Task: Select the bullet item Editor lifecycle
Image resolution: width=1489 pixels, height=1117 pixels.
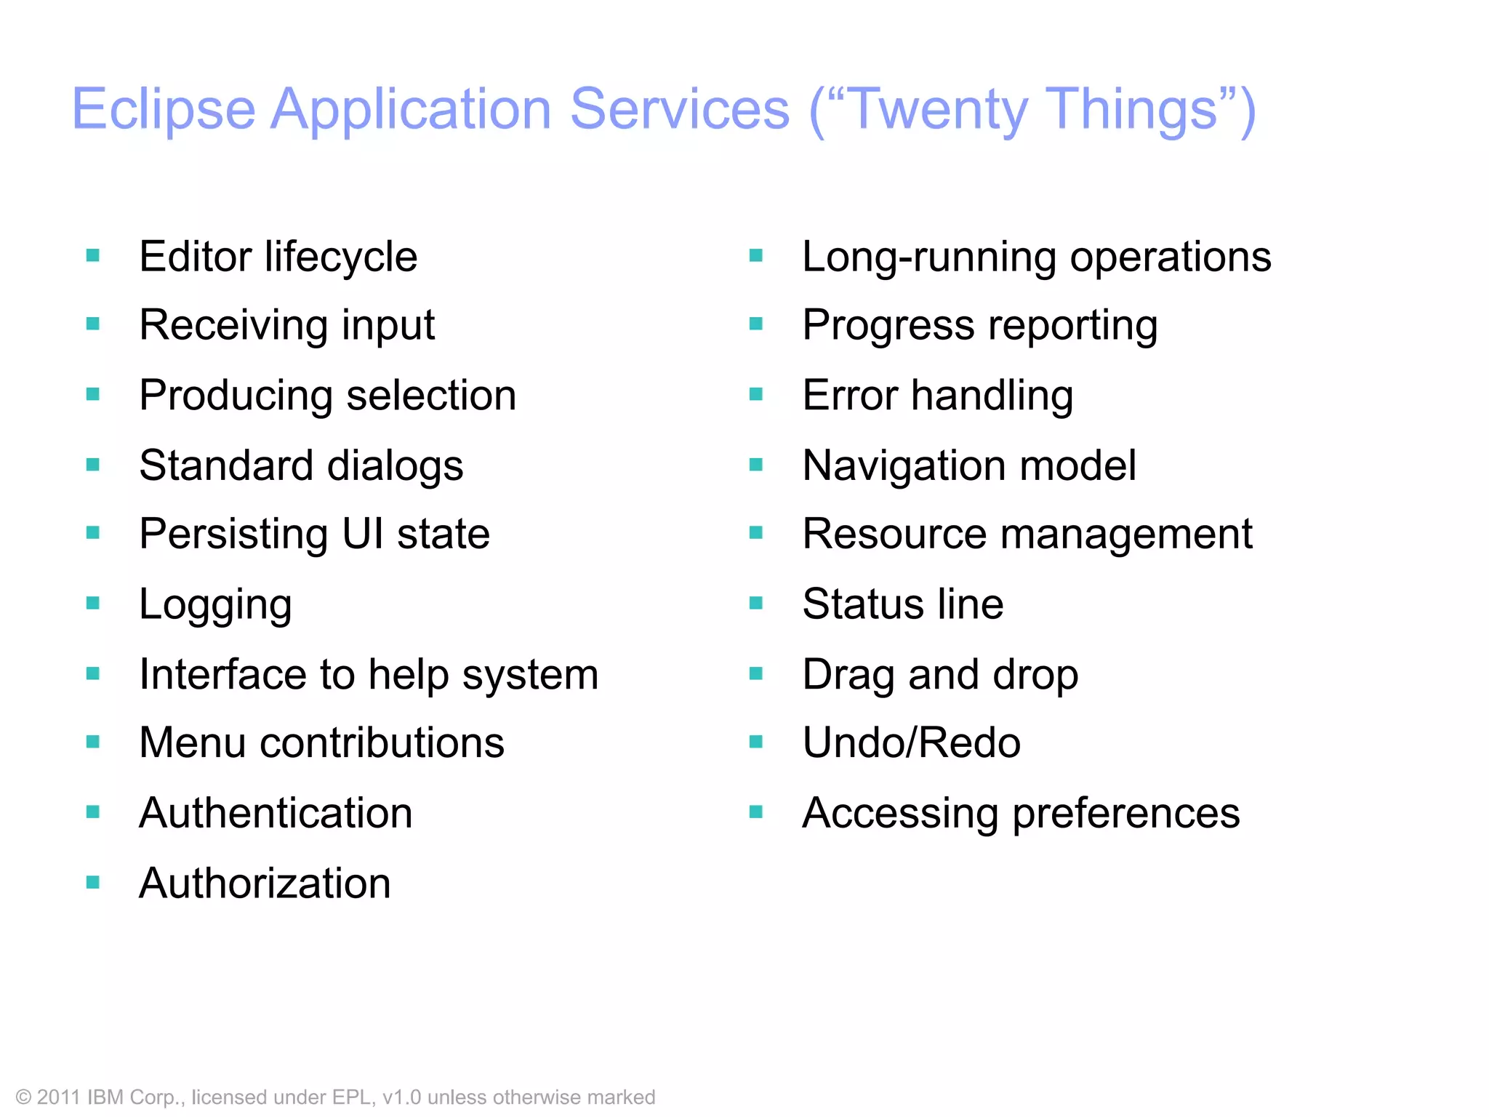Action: click(x=278, y=257)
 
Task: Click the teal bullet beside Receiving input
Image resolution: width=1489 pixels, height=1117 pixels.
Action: click(x=93, y=324)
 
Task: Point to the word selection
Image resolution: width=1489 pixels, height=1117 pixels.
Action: click(x=431, y=396)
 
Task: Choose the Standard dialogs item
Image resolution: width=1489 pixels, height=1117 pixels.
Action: click(x=301, y=465)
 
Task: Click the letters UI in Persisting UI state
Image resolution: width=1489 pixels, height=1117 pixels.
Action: click(x=363, y=534)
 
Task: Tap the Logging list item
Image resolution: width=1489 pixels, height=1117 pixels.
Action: click(x=215, y=605)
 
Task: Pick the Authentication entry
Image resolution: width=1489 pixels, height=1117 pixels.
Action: click(x=276, y=813)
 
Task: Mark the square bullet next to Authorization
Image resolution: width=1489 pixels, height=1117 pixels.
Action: click(x=93, y=883)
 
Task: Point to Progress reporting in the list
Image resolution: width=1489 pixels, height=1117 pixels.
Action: click(x=979, y=325)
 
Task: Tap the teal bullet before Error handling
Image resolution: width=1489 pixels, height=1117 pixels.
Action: click(x=756, y=395)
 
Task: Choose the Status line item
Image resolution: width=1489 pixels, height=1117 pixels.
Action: click(x=902, y=604)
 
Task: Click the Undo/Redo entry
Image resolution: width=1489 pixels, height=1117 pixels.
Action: click(x=911, y=743)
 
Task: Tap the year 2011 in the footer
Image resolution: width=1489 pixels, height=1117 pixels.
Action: click(x=58, y=1097)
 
